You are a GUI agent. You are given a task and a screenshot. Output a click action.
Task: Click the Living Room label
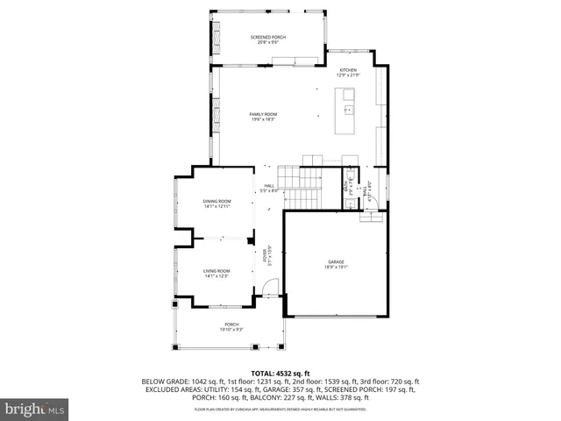coord(217,273)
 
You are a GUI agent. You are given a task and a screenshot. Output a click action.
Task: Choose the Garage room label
coord(336,263)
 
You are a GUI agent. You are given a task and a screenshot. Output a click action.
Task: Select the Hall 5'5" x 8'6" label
coord(271,188)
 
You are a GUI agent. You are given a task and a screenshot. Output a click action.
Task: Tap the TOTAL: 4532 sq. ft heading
coord(280,374)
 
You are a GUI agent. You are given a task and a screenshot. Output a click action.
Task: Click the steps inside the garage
coord(372,215)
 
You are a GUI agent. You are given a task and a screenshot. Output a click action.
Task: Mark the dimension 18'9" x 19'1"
coord(336,267)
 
